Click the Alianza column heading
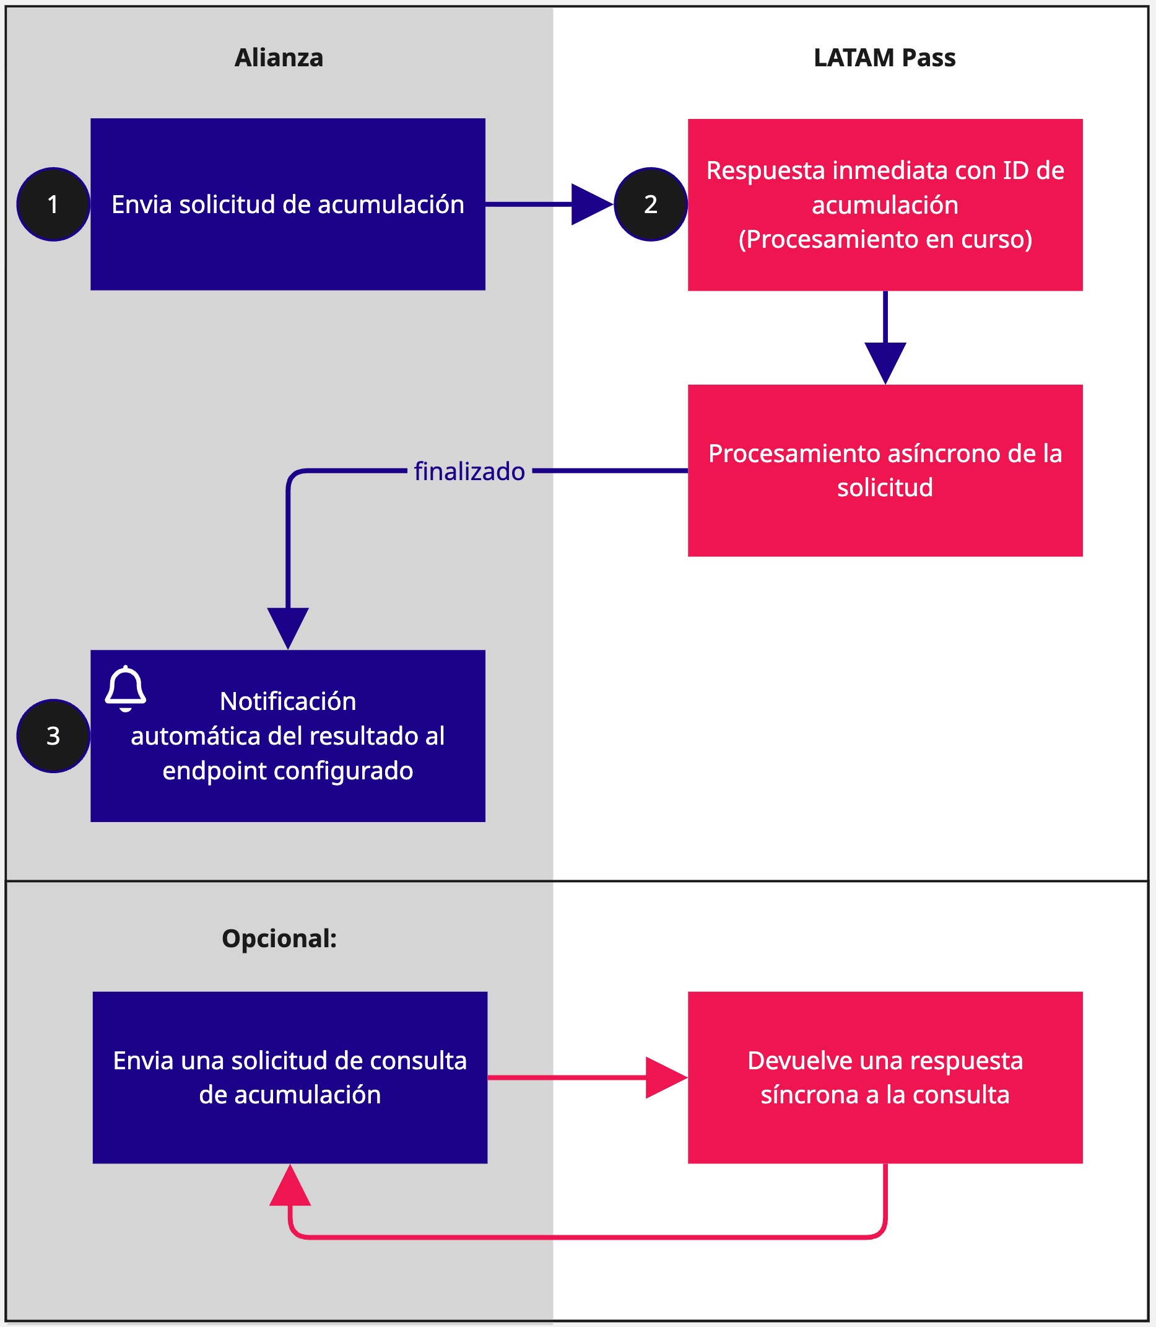click(279, 58)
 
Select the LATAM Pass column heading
click(884, 58)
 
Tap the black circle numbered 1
click(53, 204)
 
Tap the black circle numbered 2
click(650, 204)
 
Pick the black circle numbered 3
click(53, 736)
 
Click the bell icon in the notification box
click(126, 688)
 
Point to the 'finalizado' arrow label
click(469, 471)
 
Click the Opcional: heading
click(279, 939)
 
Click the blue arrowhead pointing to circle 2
click(590, 204)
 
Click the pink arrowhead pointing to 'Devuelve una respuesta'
click(664, 1078)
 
